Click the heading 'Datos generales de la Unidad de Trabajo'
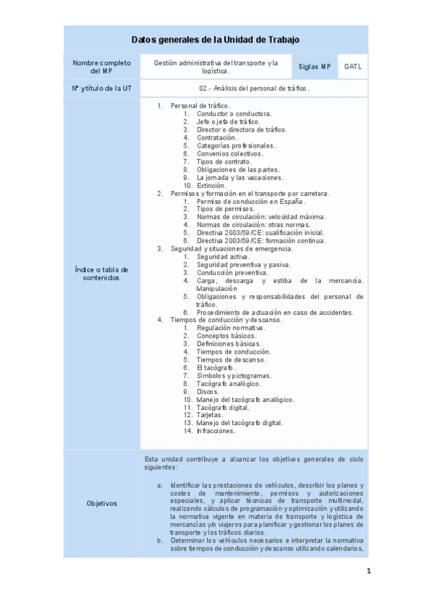(x=216, y=40)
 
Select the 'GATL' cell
(x=353, y=67)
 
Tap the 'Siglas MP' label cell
(x=315, y=67)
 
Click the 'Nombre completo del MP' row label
(x=102, y=67)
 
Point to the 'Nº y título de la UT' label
(x=102, y=88)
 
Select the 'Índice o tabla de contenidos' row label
(x=102, y=273)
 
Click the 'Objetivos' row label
(x=102, y=503)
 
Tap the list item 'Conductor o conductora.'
(x=234, y=114)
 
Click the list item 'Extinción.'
(x=211, y=185)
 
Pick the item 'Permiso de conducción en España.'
(x=250, y=201)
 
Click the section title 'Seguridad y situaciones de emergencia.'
(x=232, y=249)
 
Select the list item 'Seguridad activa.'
(x=224, y=257)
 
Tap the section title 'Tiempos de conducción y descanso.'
(x=226, y=320)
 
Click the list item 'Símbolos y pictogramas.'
(x=234, y=375)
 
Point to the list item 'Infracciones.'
(x=216, y=431)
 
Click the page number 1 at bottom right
(x=368, y=572)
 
